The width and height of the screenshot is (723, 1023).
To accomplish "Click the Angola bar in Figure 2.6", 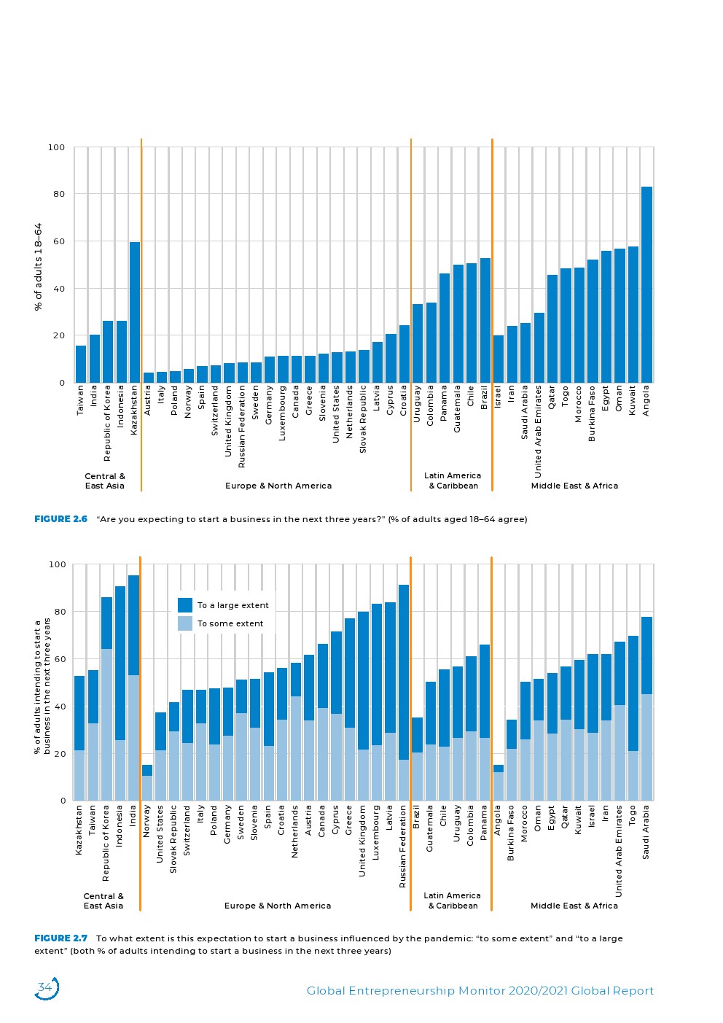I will pos(646,284).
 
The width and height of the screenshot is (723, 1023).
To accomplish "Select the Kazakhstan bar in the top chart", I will pos(135,312).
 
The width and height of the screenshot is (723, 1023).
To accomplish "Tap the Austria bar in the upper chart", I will pos(148,378).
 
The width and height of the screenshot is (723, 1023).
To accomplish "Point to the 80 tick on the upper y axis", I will pos(57,194).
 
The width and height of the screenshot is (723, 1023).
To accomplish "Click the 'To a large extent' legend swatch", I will pos(185,605).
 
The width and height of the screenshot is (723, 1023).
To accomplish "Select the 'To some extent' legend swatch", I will pos(185,623).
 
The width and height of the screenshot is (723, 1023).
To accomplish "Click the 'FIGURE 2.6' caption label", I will pos(60,519).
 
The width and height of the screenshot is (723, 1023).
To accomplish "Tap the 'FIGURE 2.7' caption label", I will pos(60,938).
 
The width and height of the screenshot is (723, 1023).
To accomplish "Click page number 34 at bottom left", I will pos(45,988).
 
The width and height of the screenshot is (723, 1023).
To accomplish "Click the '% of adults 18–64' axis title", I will pos(39,267).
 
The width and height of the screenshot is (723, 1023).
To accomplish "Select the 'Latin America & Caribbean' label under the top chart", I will pos(453,481).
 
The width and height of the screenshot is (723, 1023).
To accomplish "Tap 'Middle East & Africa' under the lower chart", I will pos(574,906).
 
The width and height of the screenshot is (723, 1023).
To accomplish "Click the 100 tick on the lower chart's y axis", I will pos(57,564).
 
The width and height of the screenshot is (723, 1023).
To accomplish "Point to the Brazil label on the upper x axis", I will pos(485,398).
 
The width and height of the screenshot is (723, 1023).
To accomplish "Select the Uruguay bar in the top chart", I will pos(418,343).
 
